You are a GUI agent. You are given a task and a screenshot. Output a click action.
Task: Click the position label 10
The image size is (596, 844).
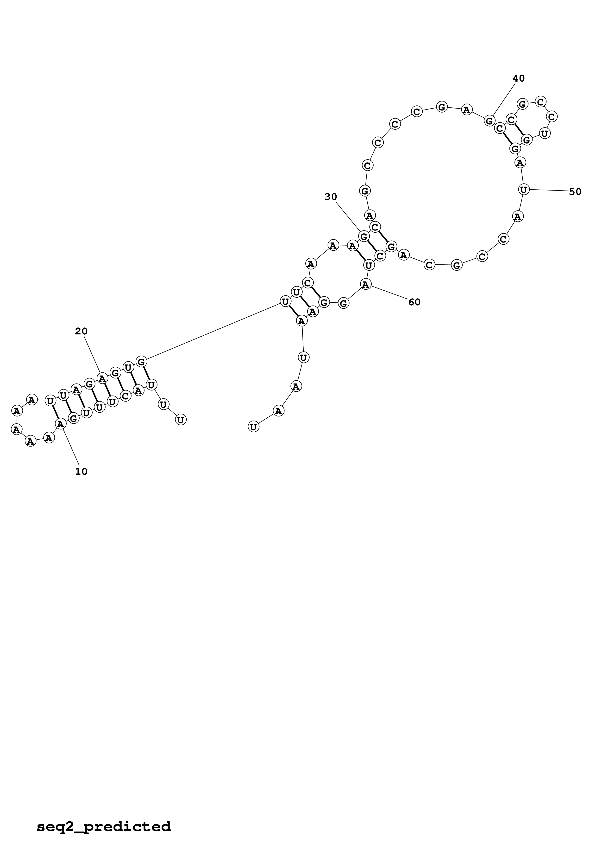tap(81, 472)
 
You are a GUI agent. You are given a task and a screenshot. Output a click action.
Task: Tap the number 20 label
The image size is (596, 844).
tap(81, 332)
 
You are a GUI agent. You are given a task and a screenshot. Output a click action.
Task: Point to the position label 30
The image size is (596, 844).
tap(331, 197)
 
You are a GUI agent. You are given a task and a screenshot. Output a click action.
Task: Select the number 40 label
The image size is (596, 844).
tap(519, 78)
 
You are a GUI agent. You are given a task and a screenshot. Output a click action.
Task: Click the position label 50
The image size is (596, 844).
tap(575, 192)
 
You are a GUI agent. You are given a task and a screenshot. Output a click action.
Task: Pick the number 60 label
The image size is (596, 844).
tap(414, 302)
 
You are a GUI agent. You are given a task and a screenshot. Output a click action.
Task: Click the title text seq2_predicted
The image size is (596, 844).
tap(104, 816)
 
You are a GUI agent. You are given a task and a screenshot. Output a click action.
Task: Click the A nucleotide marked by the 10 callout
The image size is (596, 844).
tap(60, 424)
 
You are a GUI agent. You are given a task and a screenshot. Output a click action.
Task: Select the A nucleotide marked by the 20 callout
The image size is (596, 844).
tap(102, 377)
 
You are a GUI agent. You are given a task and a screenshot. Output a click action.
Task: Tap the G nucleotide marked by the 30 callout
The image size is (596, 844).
tap(364, 236)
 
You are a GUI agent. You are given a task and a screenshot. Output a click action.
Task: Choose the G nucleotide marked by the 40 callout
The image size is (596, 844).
tap(489, 120)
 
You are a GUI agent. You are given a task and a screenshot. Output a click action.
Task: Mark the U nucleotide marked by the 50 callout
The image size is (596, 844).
tap(524, 190)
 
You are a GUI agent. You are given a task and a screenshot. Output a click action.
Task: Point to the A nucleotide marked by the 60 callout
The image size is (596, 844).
tap(366, 284)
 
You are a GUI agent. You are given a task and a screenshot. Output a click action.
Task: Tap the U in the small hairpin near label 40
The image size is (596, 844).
tap(544, 134)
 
